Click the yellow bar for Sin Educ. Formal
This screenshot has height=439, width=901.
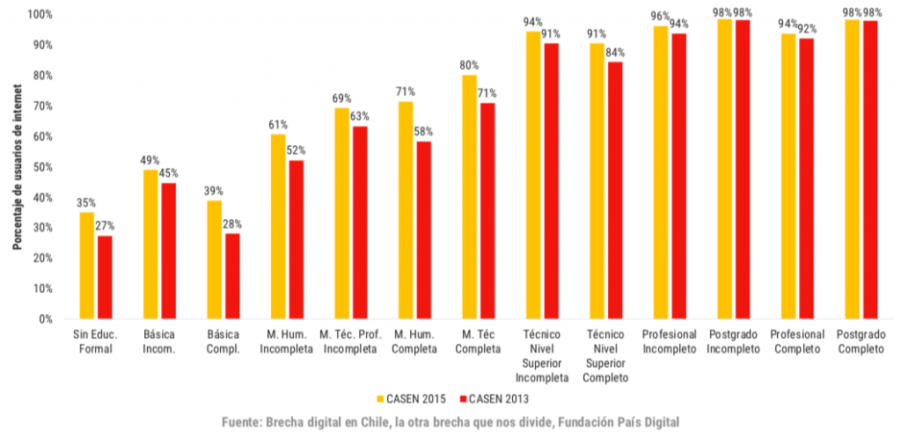(x=86, y=265)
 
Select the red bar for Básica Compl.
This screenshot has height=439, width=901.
(x=232, y=275)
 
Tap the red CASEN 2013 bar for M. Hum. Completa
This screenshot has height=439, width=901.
(x=423, y=230)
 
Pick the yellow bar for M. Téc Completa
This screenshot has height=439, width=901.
(x=469, y=196)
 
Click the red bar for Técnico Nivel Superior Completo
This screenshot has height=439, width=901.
(x=615, y=190)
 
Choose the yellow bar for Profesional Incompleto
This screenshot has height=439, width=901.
(x=660, y=172)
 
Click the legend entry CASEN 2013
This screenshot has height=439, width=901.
(x=497, y=399)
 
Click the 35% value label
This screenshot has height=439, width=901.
(x=85, y=202)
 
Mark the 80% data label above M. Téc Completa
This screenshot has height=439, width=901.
(x=469, y=65)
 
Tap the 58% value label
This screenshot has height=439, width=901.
(x=423, y=132)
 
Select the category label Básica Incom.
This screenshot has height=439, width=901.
(x=158, y=342)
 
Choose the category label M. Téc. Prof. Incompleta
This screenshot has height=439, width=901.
(x=351, y=342)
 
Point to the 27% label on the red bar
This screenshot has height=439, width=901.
(x=106, y=226)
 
